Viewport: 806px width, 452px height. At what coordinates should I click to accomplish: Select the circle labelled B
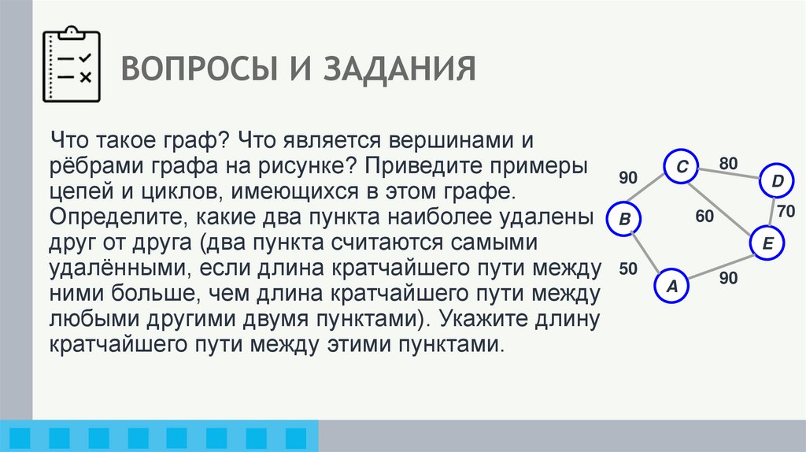(x=624, y=220)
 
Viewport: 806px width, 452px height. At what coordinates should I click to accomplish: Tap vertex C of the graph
(x=682, y=166)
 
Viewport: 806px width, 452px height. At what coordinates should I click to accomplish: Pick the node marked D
(x=777, y=183)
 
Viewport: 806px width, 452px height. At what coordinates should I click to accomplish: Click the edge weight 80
(x=728, y=164)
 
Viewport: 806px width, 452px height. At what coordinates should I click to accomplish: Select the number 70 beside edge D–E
(x=786, y=211)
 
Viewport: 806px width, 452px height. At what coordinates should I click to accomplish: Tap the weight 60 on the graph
(x=704, y=214)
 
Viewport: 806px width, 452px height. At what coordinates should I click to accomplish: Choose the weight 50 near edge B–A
(x=627, y=269)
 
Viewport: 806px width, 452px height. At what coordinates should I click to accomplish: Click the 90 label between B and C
(x=627, y=178)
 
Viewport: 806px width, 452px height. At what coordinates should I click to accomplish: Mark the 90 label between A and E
(x=728, y=277)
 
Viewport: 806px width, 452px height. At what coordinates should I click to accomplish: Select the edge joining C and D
(x=730, y=175)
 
